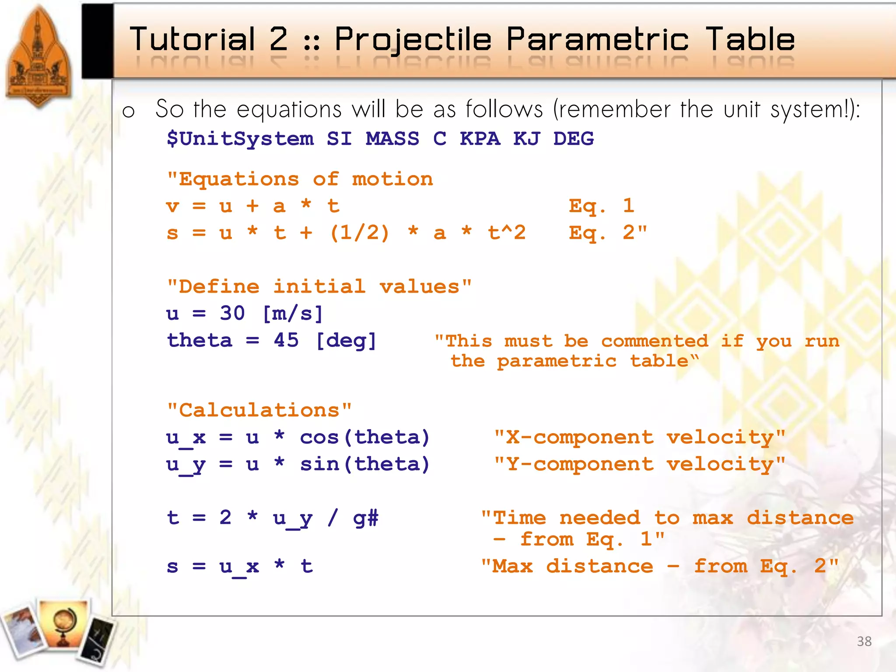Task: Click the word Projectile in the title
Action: click(x=413, y=40)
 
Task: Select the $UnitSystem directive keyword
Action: click(x=240, y=139)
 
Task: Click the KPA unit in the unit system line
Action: click(x=479, y=139)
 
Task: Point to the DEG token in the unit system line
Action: click(x=573, y=139)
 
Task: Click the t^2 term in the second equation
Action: click(x=507, y=233)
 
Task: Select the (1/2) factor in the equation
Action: click(x=359, y=233)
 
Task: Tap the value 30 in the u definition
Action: click(x=232, y=313)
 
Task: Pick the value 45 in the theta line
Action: click(x=286, y=340)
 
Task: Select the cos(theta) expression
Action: click(x=364, y=437)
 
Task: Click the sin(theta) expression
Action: click(x=364, y=464)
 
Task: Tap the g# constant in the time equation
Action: click(x=366, y=518)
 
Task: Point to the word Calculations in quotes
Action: click(x=259, y=410)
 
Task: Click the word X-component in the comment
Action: click(x=580, y=437)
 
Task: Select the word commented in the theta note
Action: click(x=654, y=341)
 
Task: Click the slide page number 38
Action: click(x=864, y=641)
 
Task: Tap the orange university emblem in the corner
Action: click(x=38, y=57)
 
